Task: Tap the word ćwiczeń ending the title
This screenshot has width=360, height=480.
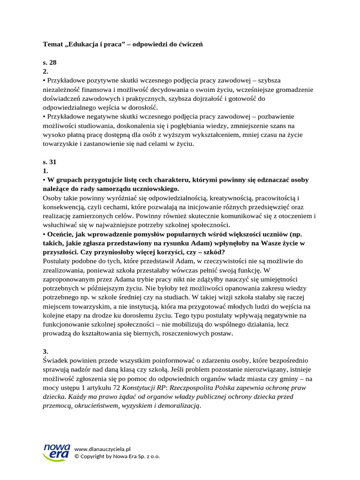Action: (x=190, y=44)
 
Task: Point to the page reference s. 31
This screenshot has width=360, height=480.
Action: (x=49, y=162)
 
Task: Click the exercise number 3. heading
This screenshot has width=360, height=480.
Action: (x=45, y=351)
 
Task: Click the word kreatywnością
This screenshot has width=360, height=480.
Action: (x=232, y=198)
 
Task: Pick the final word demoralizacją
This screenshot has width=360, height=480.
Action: (x=180, y=406)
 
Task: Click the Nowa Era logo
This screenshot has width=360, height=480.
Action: (x=56, y=452)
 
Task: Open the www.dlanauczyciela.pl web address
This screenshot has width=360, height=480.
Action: (x=102, y=449)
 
